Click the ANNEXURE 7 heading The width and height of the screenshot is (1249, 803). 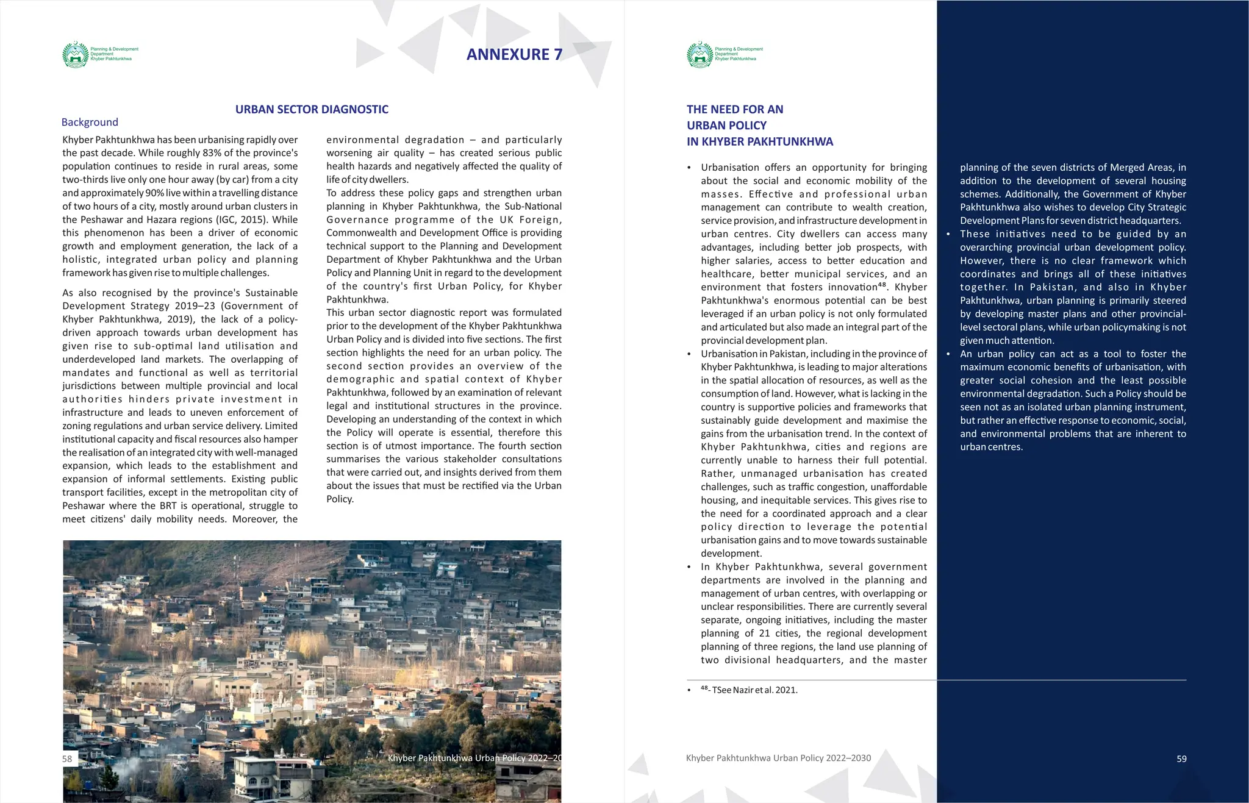click(x=514, y=54)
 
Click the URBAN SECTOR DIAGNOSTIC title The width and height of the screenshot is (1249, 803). click(x=312, y=109)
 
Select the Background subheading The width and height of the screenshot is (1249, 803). click(x=90, y=122)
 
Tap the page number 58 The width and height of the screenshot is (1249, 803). click(x=67, y=758)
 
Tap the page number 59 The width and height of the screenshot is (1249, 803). click(x=1181, y=758)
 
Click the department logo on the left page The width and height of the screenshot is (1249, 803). click(x=76, y=55)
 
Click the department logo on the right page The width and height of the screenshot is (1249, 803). click(x=700, y=55)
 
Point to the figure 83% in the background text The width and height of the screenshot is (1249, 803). click(x=212, y=153)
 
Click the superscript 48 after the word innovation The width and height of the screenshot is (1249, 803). click(x=882, y=285)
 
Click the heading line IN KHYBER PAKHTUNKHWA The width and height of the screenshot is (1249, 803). click(x=759, y=141)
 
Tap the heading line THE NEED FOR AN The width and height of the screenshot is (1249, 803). click(x=734, y=109)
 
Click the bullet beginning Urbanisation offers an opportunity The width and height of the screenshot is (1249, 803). click(x=689, y=168)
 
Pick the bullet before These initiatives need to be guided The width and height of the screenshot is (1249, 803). click(x=948, y=234)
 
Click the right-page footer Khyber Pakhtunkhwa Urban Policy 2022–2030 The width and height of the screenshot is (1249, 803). click(x=778, y=758)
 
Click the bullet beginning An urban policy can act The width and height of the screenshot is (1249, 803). click(x=948, y=354)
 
